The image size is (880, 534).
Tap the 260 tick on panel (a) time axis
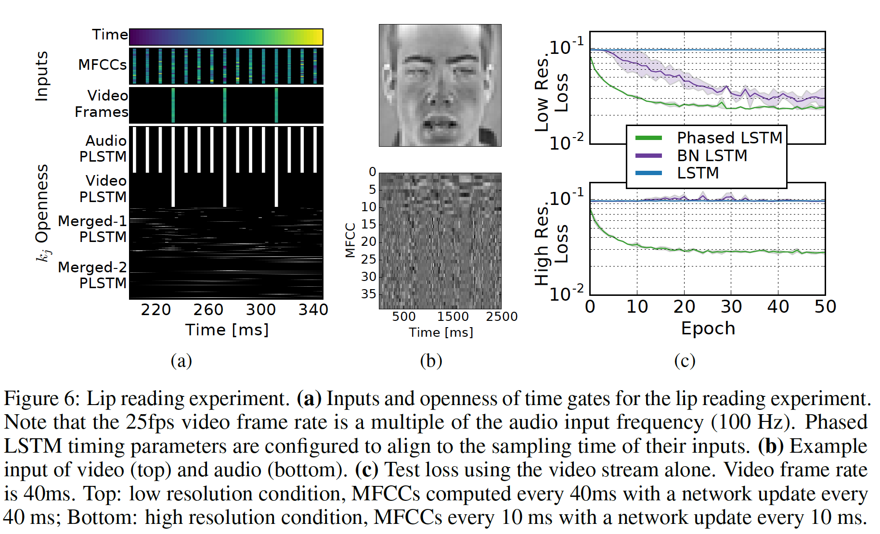208,310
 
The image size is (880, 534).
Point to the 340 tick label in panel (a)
313,310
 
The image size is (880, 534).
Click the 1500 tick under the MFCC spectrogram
453,317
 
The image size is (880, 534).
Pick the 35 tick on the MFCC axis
369,294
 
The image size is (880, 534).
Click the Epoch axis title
708,329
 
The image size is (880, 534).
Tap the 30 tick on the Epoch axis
731,307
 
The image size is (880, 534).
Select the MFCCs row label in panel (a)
103,64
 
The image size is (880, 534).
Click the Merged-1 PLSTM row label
92,229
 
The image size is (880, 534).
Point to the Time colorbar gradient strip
226,37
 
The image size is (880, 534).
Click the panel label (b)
431,361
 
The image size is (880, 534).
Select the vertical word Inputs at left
42,76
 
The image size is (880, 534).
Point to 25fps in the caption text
151,422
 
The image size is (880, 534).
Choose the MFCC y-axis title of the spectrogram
350,240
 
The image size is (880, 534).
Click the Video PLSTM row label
103,189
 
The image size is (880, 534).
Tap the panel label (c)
685,361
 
